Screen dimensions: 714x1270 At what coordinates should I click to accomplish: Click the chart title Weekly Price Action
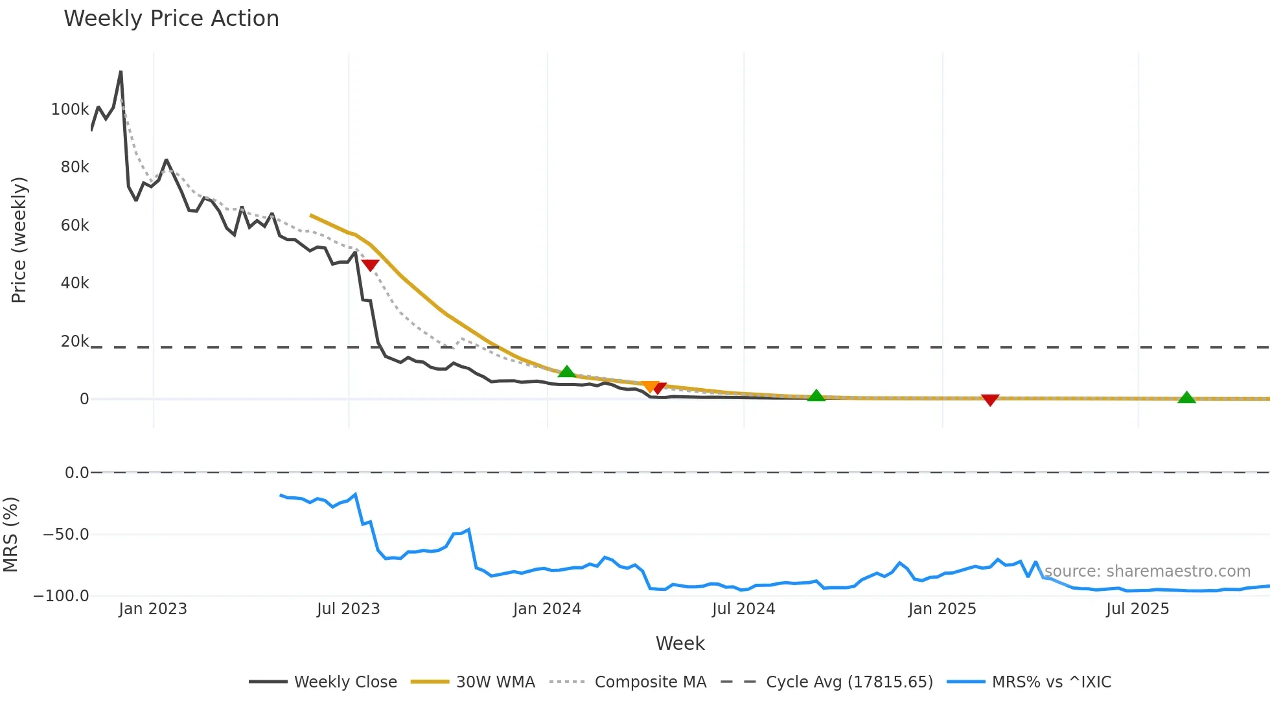(171, 19)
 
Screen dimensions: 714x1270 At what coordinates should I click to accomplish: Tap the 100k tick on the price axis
(70, 109)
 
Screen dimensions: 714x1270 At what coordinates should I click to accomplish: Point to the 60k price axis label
(75, 225)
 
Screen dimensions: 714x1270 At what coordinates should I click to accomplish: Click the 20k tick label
(75, 341)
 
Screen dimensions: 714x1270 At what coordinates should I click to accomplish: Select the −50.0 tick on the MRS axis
(65, 535)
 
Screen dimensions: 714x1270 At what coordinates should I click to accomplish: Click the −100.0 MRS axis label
(61, 596)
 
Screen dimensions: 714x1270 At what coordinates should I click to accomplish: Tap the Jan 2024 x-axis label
(547, 609)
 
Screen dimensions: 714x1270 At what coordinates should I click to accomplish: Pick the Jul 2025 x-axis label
(1137, 609)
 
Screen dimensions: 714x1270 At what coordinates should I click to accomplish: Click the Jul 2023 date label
(348, 609)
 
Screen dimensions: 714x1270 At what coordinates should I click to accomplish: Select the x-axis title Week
(680, 643)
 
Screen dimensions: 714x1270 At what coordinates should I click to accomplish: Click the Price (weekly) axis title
(19, 240)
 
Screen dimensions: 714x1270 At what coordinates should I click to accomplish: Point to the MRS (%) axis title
(10, 535)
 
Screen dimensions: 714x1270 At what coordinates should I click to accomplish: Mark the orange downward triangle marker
(649, 386)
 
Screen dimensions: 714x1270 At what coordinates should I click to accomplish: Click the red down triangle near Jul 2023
(370, 264)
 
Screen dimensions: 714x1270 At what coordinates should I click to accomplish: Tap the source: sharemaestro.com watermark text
(1147, 571)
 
